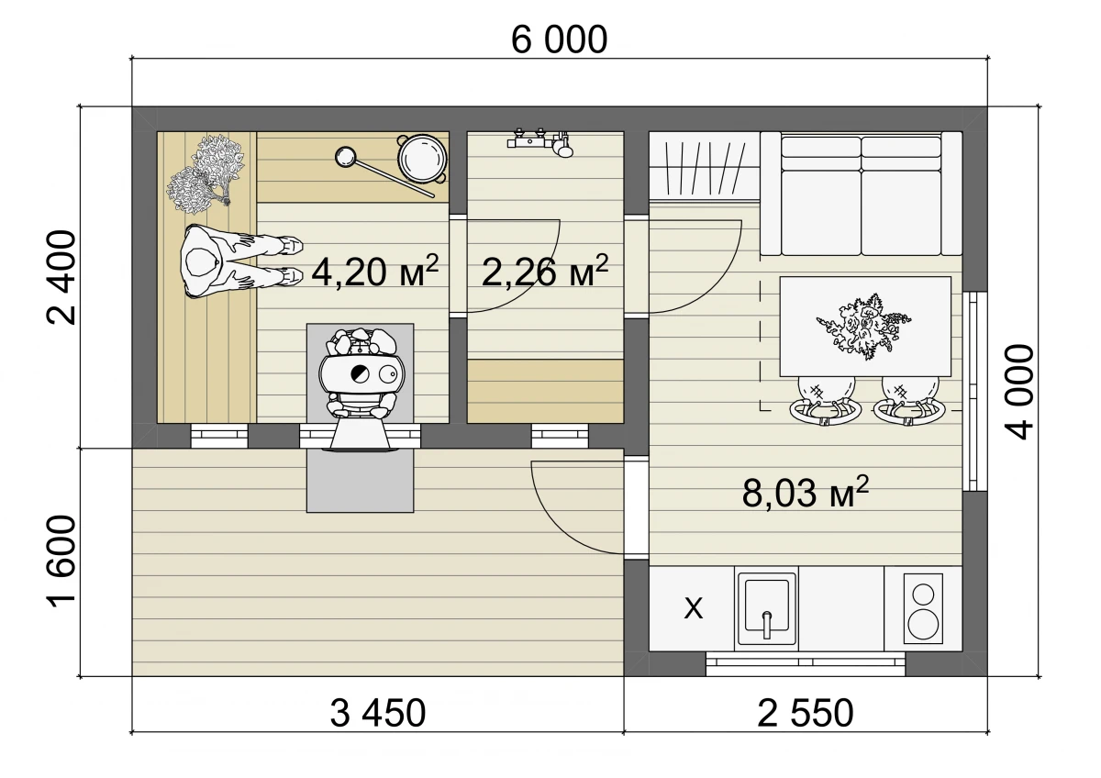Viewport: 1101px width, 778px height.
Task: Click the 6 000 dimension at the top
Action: (x=560, y=39)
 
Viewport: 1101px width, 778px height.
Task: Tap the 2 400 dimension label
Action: (x=61, y=278)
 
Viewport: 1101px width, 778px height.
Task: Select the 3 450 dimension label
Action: (x=377, y=714)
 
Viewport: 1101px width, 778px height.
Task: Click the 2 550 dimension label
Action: (x=806, y=714)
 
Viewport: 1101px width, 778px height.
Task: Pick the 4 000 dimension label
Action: (x=1019, y=392)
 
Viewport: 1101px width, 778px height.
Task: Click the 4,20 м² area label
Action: (x=375, y=272)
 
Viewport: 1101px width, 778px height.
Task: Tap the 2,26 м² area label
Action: (x=545, y=272)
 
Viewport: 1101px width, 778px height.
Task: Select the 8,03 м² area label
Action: (x=806, y=492)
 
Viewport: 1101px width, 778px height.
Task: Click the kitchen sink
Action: (x=766, y=609)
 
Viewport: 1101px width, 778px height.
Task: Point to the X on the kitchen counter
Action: (x=694, y=609)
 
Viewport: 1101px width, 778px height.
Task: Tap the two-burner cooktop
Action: (x=923, y=608)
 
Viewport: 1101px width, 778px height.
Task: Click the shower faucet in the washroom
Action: (x=540, y=142)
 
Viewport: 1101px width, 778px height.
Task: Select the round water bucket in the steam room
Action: (x=423, y=159)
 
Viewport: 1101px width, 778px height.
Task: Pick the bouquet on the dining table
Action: (x=863, y=327)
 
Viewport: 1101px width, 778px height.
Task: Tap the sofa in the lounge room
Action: (x=862, y=194)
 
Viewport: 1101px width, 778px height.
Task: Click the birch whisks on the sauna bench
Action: (x=205, y=174)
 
